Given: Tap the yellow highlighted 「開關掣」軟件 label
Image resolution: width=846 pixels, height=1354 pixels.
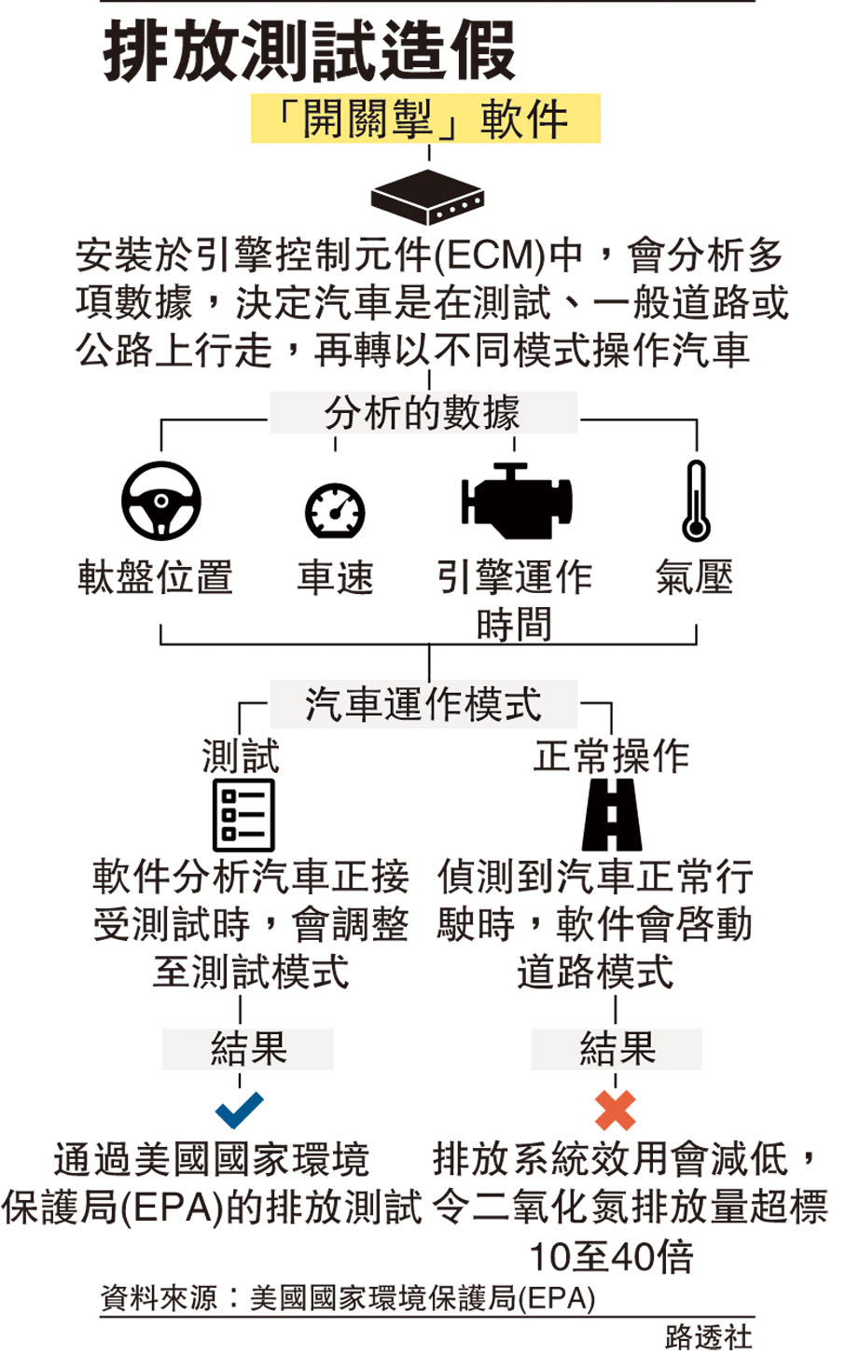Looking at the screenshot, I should (x=424, y=119).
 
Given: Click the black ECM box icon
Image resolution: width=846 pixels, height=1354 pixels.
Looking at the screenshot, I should (x=427, y=196).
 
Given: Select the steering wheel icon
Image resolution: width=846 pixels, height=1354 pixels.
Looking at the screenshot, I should (x=161, y=502).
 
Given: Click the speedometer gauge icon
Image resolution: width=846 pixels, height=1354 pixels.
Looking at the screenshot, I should (x=335, y=510).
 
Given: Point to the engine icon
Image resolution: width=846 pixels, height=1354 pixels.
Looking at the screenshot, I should (x=515, y=502).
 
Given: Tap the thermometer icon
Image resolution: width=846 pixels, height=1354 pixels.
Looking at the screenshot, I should (x=695, y=501).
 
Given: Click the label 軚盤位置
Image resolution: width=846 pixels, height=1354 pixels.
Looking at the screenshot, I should (x=155, y=577).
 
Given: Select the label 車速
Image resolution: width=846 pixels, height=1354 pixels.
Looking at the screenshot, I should (x=335, y=577).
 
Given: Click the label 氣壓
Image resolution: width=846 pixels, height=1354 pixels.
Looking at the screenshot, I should (x=694, y=577).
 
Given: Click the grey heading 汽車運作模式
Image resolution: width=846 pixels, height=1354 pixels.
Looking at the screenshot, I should (x=423, y=704).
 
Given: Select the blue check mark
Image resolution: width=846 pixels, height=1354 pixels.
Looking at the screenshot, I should (x=239, y=1110).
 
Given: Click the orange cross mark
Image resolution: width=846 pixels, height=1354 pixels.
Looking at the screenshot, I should (x=615, y=1111).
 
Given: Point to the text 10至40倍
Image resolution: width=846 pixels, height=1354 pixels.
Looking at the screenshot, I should (x=611, y=1256).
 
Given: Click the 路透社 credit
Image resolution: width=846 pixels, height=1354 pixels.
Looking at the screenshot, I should (x=708, y=1336).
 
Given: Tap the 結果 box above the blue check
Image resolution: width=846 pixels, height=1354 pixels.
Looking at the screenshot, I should (x=247, y=1049).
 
